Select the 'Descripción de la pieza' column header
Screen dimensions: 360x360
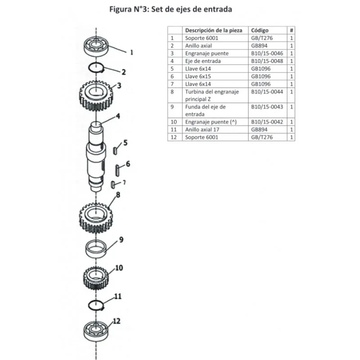pos(213,31)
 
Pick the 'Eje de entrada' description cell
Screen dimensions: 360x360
pos(203,61)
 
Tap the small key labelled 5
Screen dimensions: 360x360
pos(115,148)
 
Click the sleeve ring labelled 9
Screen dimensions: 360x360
pos(95,249)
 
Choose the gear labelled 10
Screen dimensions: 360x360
pos(96,277)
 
